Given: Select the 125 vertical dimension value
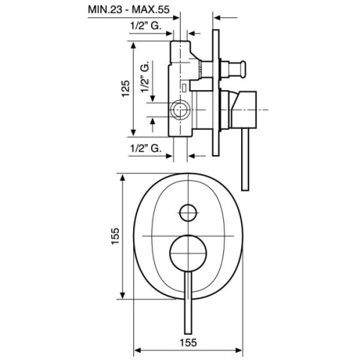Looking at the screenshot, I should tap(125, 89).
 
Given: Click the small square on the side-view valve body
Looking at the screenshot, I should tap(185, 89).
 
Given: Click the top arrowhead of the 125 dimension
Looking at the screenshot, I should tap(135, 44).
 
